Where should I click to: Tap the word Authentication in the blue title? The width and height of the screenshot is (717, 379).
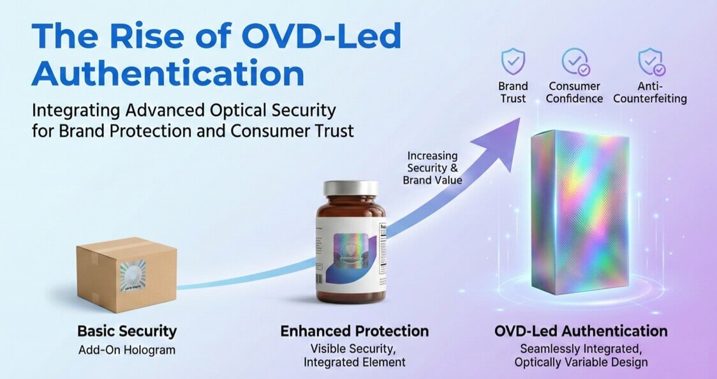point(168,73)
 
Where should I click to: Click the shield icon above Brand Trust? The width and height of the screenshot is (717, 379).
point(513,62)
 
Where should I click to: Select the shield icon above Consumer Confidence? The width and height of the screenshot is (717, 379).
point(575,62)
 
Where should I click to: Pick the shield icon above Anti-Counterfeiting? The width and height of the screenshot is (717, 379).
point(651,62)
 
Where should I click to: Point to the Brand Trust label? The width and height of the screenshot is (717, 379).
point(514,92)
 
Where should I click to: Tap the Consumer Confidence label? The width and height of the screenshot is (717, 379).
point(575,92)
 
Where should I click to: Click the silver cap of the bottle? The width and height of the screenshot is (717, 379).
point(350,189)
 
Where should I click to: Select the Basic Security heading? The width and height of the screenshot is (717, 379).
point(127,331)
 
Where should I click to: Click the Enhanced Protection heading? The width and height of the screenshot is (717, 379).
point(355,331)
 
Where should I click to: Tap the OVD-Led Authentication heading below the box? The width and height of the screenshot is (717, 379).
point(581,331)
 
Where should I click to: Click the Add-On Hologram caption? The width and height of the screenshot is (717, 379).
point(127,350)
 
